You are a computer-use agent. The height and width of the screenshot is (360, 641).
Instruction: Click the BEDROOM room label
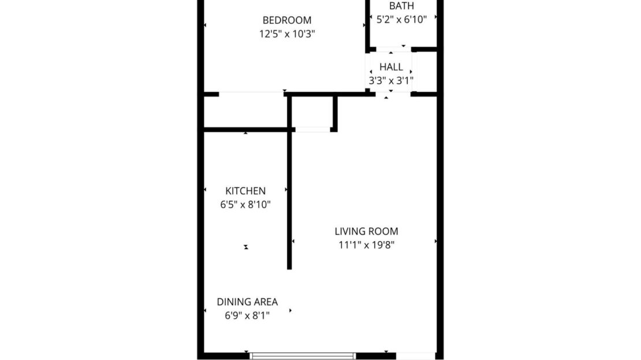coord(286,20)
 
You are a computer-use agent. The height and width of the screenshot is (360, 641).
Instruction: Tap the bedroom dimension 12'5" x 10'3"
coord(286,34)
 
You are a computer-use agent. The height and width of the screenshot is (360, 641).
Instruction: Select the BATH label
coord(401,6)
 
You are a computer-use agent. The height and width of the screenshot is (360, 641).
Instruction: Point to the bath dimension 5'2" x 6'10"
coord(401,20)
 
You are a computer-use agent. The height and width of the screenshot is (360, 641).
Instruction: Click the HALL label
coord(391,67)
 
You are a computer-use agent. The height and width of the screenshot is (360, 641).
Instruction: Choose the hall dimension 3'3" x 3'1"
coord(391,81)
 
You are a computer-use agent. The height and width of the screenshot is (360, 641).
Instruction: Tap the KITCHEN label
coord(245,191)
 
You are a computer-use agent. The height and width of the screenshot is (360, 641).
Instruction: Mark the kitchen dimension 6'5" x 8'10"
coord(245,205)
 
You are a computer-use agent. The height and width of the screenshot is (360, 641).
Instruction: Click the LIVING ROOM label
coord(366,231)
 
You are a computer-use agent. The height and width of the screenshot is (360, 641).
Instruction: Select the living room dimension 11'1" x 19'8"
coord(366,245)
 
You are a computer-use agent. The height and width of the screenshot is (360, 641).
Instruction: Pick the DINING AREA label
coord(247,302)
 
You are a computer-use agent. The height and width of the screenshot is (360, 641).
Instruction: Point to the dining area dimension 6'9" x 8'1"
coord(247,316)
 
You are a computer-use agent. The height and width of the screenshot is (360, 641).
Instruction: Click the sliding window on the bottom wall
coord(301,356)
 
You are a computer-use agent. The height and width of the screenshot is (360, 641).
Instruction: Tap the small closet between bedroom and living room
coord(312,113)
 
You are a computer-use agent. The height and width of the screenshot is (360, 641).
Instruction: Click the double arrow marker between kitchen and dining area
coord(246,247)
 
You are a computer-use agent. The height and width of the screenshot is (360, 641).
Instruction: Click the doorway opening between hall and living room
coord(391,93)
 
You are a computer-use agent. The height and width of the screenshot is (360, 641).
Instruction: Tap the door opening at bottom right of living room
coord(415,356)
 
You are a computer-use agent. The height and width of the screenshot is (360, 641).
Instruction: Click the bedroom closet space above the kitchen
coord(245,111)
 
